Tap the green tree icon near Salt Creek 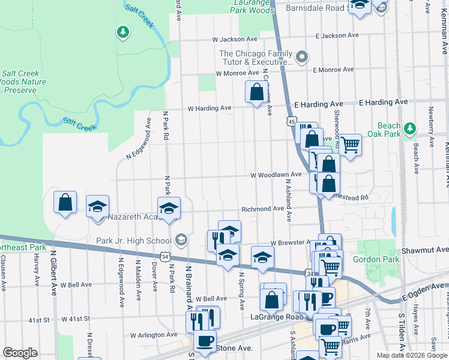click(x=123, y=31)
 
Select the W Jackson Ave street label click(x=235, y=39)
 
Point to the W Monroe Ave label click(x=238, y=73)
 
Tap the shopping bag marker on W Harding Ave click(x=257, y=92)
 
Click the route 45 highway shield click(x=292, y=122)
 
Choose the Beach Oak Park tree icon click(x=409, y=128)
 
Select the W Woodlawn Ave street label click(x=276, y=175)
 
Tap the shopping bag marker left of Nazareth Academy click(x=65, y=202)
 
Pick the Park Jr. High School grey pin click(x=181, y=241)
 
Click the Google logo click(x=20, y=353)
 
